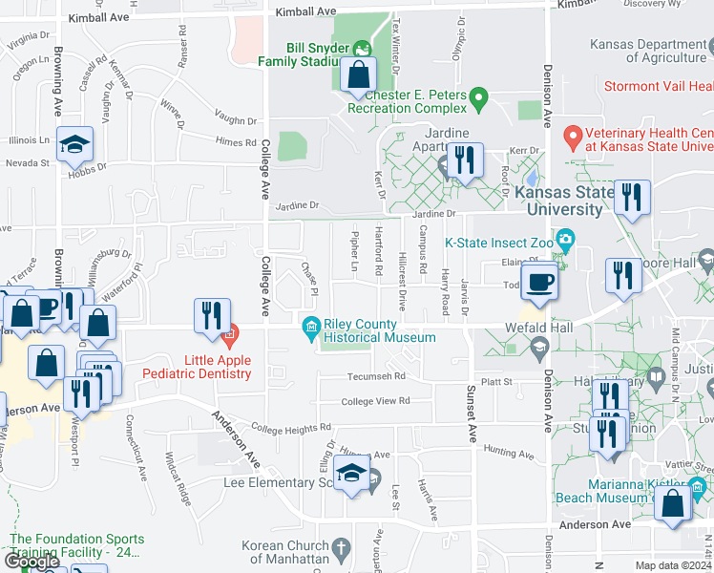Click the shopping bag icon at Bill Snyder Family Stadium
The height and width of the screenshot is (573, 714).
tap(357, 74)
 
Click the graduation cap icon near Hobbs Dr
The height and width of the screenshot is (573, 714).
tap(74, 144)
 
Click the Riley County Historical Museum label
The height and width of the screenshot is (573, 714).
tap(379, 330)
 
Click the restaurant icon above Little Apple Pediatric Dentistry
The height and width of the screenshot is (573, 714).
tap(212, 315)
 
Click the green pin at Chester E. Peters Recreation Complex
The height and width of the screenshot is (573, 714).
tap(480, 96)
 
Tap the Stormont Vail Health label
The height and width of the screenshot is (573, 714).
tap(659, 86)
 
